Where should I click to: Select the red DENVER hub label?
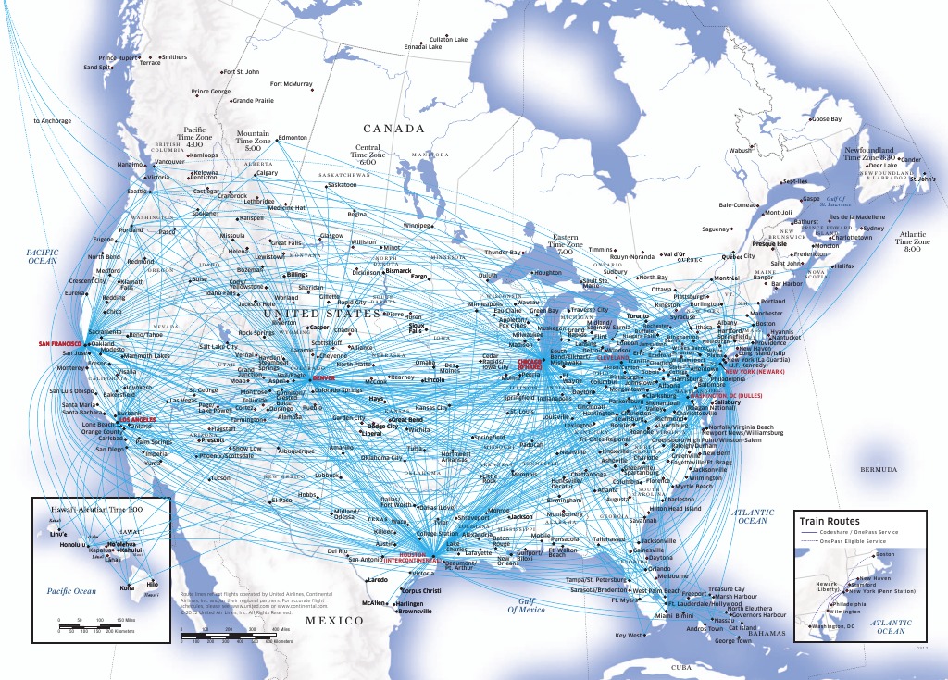coord(325,378)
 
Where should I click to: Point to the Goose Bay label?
coord(823,119)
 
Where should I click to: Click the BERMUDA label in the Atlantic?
coord(879,470)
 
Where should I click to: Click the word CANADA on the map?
coord(393,129)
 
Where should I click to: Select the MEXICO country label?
coord(334,621)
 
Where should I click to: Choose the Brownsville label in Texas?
coord(414,612)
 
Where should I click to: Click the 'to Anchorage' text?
coord(52,121)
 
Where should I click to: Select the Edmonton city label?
coord(292,138)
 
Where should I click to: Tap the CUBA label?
coord(680,666)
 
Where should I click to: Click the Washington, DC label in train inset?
coord(831,627)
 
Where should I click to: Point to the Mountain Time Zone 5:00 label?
coord(254,140)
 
